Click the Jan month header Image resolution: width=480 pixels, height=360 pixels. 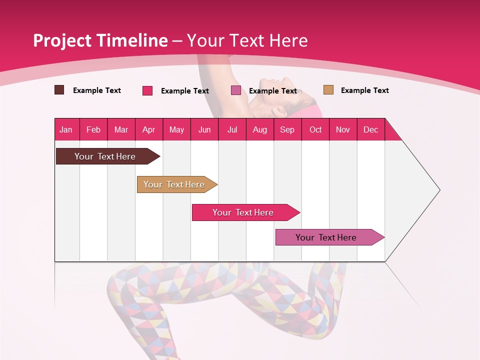click(66, 129)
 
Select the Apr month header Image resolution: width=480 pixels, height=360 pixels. click(149, 129)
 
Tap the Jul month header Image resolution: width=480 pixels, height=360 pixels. click(232, 129)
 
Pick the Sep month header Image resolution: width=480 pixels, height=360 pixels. click(287, 129)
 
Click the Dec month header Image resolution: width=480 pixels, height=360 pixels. click(370, 129)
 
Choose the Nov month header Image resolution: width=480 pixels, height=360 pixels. click(343, 129)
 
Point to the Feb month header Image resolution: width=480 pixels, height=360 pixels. click(93, 129)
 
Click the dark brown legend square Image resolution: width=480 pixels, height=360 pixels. click(59, 90)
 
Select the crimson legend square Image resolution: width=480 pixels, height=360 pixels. click(147, 90)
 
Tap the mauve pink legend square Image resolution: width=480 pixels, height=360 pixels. click(236, 90)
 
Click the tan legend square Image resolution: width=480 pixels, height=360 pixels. click(328, 90)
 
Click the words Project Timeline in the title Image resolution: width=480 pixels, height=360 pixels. click(100, 40)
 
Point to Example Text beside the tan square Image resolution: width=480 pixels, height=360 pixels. click(364, 90)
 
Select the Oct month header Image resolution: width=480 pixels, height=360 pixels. click(315, 129)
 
